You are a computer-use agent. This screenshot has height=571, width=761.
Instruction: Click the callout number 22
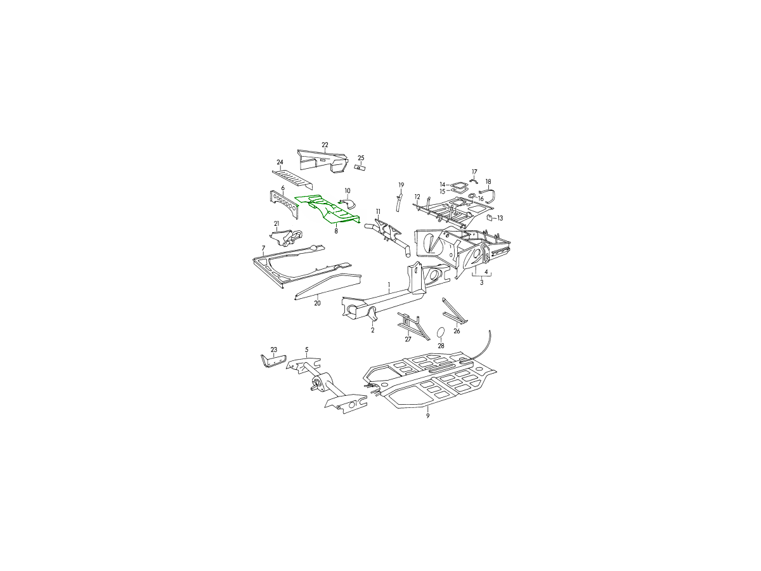(x=325, y=145)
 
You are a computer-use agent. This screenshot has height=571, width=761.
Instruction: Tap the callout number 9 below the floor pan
(x=427, y=416)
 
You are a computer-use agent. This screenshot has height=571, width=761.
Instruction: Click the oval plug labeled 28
(x=441, y=332)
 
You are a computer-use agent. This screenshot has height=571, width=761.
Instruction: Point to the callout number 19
(x=401, y=185)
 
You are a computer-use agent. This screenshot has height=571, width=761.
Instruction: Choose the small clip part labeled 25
(x=360, y=167)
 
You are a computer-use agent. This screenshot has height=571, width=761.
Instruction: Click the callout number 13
(x=500, y=218)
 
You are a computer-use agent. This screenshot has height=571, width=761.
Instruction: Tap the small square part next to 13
(x=490, y=218)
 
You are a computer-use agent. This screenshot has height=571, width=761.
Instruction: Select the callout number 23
(x=274, y=350)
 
